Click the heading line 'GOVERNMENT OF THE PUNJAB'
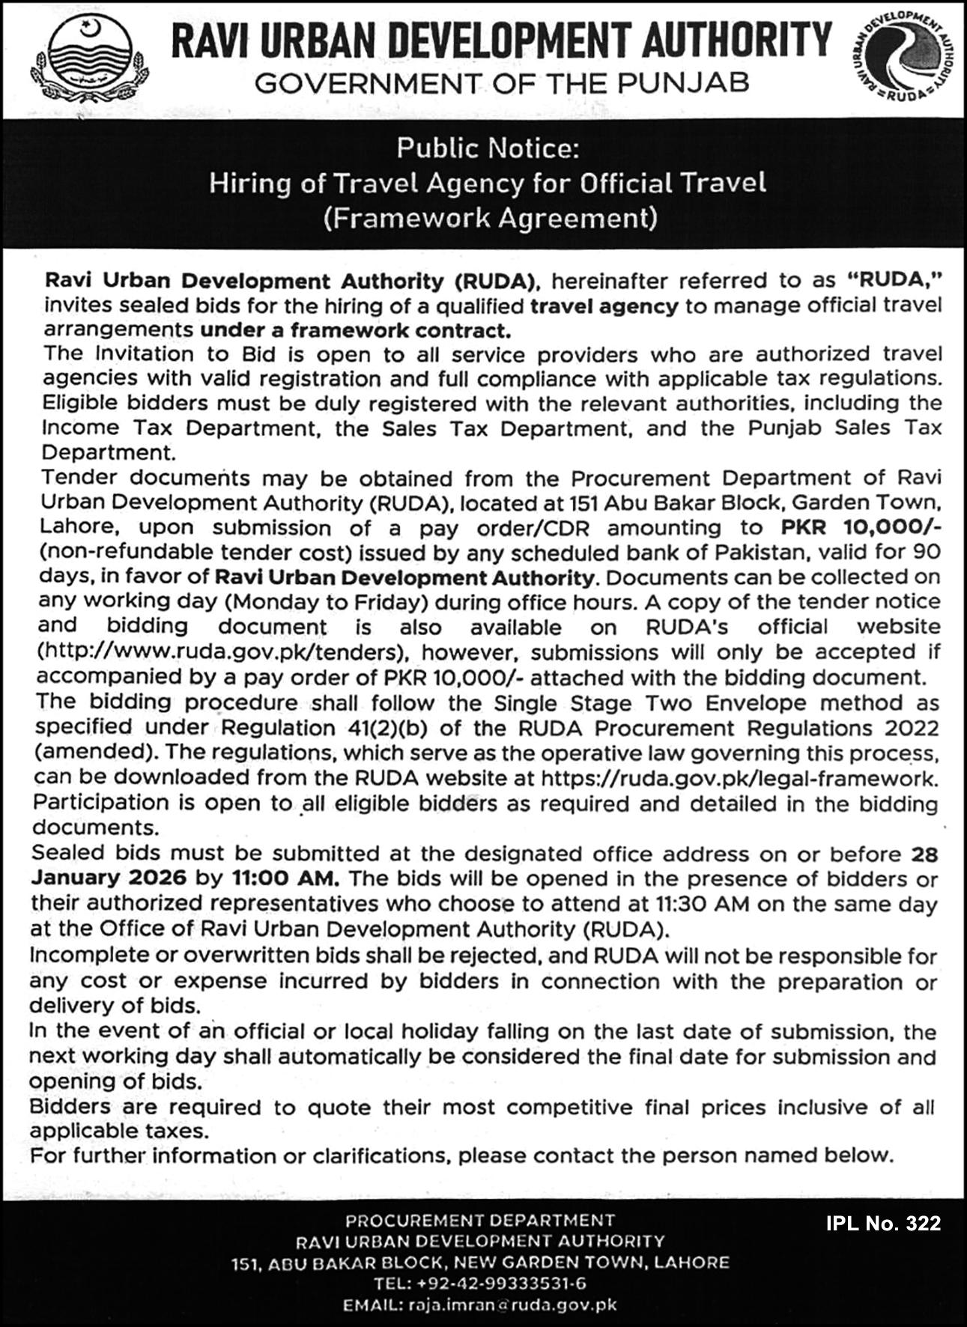pyautogui.click(x=502, y=82)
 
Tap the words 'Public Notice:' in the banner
pyautogui.click(x=488, y=148)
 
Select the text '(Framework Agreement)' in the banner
pyautogui.click(x=490, y=218)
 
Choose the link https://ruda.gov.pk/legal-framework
pyautogui.click(x=737, y=777)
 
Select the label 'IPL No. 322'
pyautogui.click(x=883, y=1223)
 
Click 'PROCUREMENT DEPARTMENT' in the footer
pyautogui.click(x=480, y=1220)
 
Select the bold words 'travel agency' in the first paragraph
pyautogui.click(x=604, y=306)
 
